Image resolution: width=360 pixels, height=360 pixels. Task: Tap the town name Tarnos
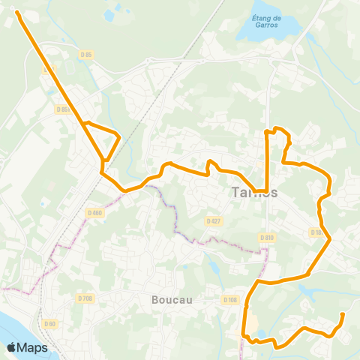[x=251, y=192]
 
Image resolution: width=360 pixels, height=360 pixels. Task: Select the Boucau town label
[x=172, y=299]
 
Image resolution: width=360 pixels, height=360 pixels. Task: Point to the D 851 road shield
[x=63, y=109]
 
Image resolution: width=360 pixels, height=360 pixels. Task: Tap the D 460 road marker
[x=95, y=211]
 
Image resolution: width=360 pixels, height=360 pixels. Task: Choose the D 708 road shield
[x=85, y=298]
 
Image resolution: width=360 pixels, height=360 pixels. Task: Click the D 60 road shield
[x=50, y=323]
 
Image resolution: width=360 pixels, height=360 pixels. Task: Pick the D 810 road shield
[x=268, y=237]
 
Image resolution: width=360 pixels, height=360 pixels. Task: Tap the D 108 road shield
[x=229, y=299]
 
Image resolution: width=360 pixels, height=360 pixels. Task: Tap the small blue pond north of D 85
[x=109, y=14]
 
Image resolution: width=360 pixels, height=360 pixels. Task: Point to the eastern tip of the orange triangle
[x=119, y=134]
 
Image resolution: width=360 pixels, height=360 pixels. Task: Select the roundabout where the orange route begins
[x=16, y=12]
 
